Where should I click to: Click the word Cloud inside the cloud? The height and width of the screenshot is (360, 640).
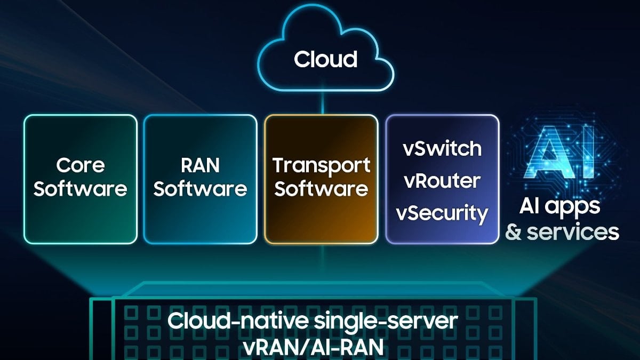(x=325, y=59)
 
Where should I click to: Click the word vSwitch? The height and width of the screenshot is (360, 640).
(x=442, y=148)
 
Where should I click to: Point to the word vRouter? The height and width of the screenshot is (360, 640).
(x=442, y=181)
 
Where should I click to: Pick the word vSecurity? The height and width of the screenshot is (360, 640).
(x=442, y=213)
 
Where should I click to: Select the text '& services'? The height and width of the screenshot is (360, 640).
(x=562, y=233)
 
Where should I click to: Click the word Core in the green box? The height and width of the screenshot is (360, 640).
(x=80, y=165)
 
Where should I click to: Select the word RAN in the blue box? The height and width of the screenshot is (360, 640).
(x=200, y=165)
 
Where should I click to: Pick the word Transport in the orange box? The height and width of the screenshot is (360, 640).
(x=321, y=165)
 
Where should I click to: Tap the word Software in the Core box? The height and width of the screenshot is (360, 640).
(x=80, y=189)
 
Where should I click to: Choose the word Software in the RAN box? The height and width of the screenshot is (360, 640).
(x=200, y=189)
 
